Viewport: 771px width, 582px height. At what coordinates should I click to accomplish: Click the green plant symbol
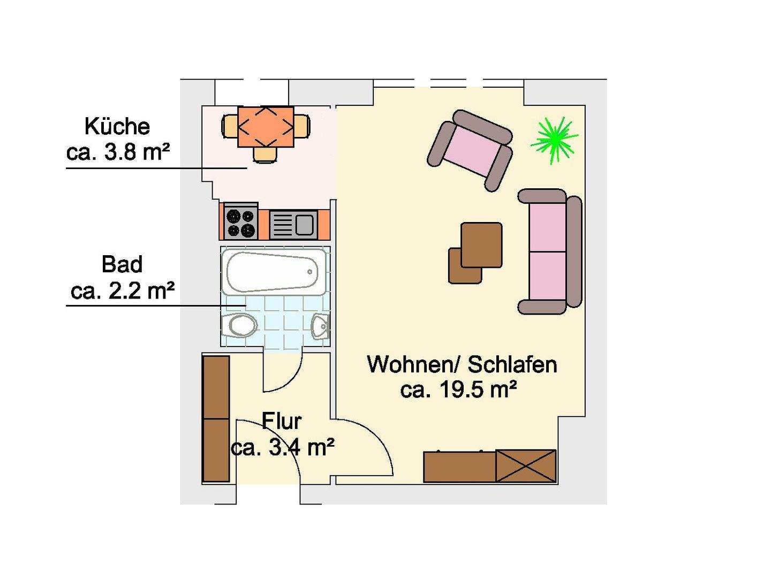pos(554,140)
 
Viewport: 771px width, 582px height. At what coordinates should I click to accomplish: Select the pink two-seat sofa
pos(549,251)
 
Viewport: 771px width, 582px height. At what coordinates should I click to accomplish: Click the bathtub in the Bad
pos(273,271)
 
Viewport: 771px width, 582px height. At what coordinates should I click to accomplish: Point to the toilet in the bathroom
pos(240,325)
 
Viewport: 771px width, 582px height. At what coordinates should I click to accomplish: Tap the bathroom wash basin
pos(320,326)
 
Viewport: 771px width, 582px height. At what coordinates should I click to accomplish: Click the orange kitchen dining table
pos(266,126)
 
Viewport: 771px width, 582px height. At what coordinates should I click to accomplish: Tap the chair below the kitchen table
pos(266,154)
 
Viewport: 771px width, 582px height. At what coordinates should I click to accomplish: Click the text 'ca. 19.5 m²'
pos(458,389)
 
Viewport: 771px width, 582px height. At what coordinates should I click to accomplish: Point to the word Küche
pos(117,127)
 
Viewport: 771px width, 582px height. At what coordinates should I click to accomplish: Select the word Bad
pos(122,265)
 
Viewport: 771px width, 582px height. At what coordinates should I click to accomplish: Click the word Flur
pos(282,422)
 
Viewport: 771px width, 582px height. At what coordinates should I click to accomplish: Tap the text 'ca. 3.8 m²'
pos(118,152)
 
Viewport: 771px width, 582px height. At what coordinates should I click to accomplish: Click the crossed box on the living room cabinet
pos(526,466)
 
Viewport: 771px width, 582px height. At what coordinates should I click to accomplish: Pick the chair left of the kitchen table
pos(230,126)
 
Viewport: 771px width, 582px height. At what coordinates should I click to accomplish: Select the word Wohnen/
pos(413,364)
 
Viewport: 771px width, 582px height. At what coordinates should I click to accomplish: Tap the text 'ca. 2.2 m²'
pos(123,292)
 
